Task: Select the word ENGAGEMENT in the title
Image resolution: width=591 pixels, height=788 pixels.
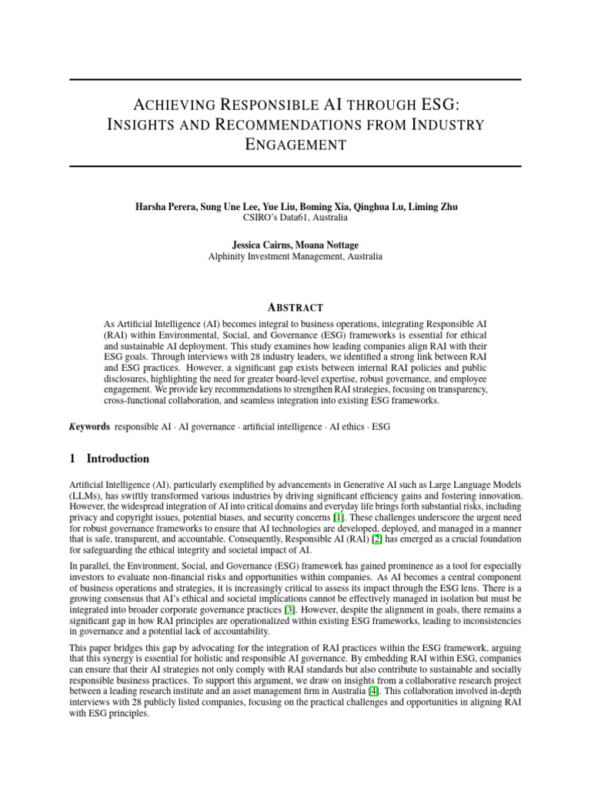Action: (295, 144)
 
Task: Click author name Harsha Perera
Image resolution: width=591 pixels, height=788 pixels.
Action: (162, 207)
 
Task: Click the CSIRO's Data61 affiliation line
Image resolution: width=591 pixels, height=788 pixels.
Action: (295, 218)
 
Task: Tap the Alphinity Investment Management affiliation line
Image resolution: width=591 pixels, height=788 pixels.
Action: (295, 256)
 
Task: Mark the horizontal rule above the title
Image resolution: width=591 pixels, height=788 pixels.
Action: (295, 80)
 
